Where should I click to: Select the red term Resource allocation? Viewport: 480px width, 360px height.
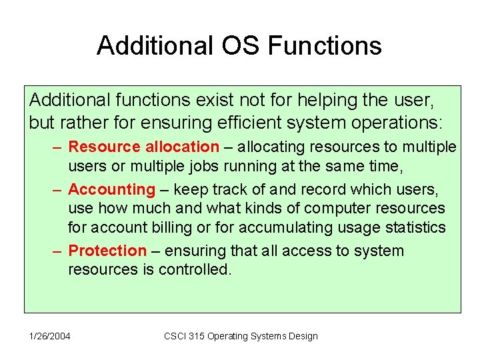[143, 147]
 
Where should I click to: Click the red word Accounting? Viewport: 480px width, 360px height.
[111, 189]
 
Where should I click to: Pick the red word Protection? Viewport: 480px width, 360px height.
[107, 251]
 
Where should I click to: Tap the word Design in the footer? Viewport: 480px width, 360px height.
[303, 336]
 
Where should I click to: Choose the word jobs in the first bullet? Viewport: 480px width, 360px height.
[217, 165]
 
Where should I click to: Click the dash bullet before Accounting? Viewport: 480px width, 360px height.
[58, 189]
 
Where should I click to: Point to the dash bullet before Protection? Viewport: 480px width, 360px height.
[58, 251]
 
